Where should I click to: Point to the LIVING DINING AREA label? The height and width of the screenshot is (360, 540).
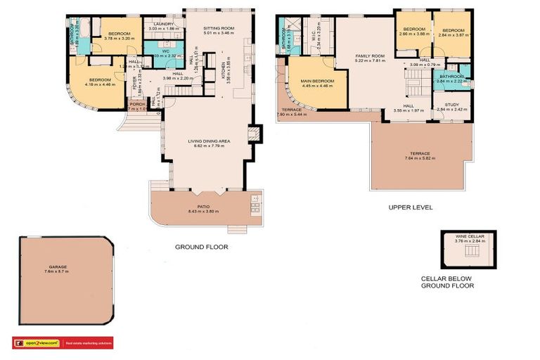[x=210, y=141]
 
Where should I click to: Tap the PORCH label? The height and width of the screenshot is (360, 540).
[x=137, y=104]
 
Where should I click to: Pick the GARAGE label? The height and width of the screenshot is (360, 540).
[x=58, y=267]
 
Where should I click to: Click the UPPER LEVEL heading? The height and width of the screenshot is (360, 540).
[x=411, y=208]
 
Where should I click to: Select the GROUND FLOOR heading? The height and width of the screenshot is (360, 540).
[x=201, y=247]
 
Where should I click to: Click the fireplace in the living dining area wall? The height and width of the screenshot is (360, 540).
[x=255, y=134]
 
